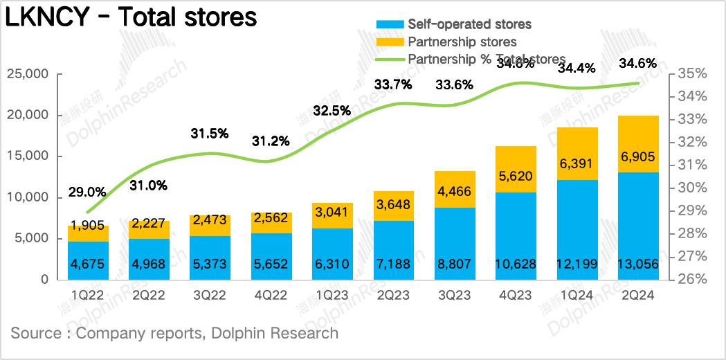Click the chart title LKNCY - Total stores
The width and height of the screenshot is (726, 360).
(x=131, y=17)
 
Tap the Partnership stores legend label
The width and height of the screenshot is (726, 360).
(x=462, y=42)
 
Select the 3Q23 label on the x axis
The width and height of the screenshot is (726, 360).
(x=454, y=296)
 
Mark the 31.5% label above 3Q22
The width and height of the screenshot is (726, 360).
(x=210, y=134)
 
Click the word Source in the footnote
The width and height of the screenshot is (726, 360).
(x=36, y=333)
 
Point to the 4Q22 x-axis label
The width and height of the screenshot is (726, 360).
(x=271, y=296)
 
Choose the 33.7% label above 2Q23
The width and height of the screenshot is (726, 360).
(x=393, y=85)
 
